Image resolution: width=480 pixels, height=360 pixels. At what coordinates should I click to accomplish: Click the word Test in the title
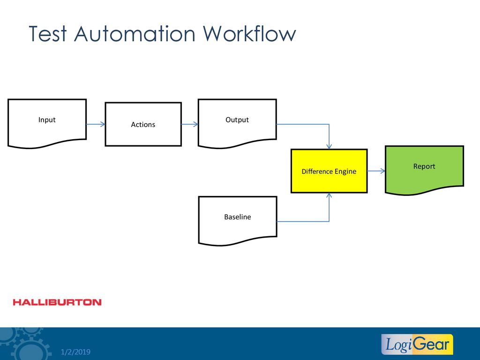48,33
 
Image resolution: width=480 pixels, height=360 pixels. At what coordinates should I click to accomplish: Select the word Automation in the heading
135,33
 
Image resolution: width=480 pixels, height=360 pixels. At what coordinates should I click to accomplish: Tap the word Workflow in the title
249,33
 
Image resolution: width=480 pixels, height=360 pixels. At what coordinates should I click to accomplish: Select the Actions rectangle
143,124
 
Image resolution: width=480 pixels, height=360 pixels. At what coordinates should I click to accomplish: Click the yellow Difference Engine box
329,171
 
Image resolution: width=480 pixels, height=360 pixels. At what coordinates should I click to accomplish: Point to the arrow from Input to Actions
96,124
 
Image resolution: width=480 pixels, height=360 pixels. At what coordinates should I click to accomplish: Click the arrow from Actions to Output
190,124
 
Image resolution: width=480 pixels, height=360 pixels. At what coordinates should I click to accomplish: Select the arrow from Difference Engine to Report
376,171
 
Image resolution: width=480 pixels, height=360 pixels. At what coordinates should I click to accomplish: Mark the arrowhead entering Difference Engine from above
329,147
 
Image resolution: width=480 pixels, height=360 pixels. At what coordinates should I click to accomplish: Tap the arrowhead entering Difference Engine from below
329,195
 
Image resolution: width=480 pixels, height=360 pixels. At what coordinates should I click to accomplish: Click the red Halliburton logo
57,302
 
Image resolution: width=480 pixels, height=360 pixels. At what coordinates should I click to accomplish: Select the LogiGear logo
417,345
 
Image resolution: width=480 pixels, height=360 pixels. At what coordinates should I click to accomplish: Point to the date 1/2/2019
75,352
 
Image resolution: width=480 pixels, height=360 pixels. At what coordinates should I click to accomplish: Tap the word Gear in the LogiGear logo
432,344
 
